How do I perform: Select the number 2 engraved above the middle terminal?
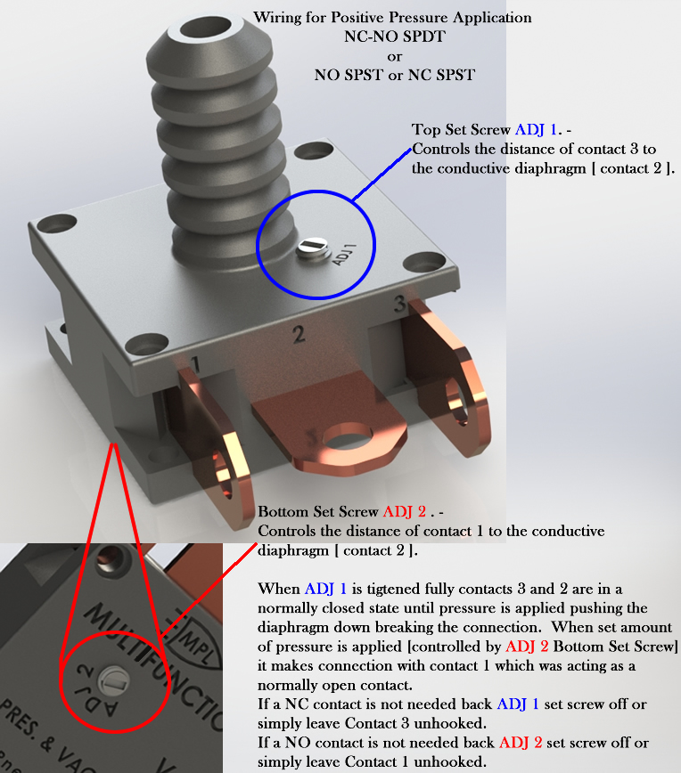point(299,335)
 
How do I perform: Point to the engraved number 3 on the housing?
point(399,304)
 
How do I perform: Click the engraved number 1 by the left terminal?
point(195,365)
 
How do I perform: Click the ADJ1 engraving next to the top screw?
point(344,255)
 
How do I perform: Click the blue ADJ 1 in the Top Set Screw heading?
point(536,130)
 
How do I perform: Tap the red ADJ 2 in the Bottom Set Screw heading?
point(405,512)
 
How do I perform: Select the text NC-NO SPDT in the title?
point(395,37)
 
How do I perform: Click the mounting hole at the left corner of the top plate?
point(57,224)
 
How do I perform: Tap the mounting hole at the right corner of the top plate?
point(424,262)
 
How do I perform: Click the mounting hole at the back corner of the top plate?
point(314,150)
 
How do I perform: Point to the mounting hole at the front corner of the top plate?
point(146,344)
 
